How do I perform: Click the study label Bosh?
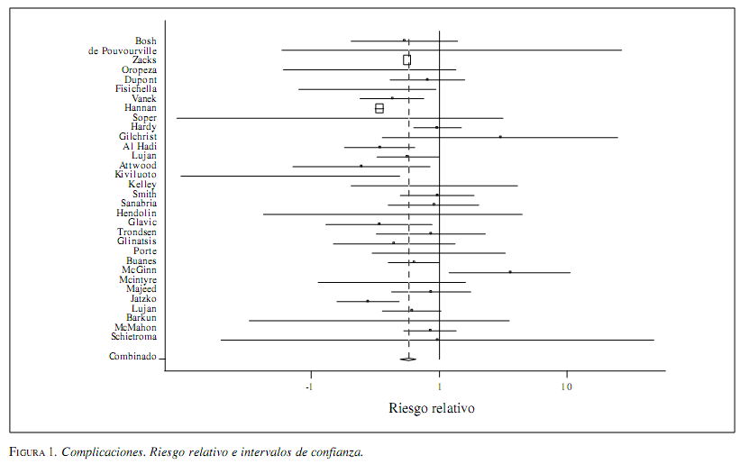(x=145, y=41)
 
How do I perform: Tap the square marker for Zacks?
(x=406, y=60)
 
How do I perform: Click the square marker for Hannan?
(x=379, y=108)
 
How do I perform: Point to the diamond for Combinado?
(x=407, y=359)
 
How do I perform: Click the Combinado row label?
(x=132, y=357)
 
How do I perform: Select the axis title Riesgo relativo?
(x=432, y=408)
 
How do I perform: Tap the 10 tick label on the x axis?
(x=567, y=387)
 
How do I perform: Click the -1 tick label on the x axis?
(x=310, y=387)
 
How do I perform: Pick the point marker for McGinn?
(x=510, y=271)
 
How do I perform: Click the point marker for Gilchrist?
(x=500, y=137)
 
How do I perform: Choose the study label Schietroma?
(x=133, y=337)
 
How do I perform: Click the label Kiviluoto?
(x=135, y=175)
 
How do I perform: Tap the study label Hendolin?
(x=136, y=214)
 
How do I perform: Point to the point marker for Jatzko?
(x=368, y=301)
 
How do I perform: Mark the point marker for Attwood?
(x=361, y=166)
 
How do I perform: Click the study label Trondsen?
(x=136, y=232)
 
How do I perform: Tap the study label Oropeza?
(x=139, y=69)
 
